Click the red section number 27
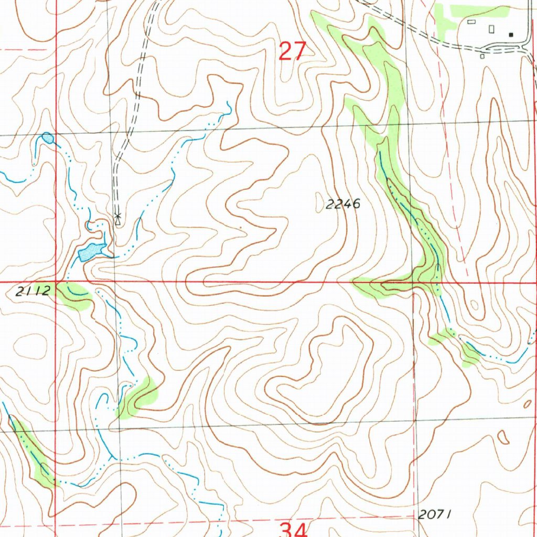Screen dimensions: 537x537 click(x=292, y=51)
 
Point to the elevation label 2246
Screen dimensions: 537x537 click(x=343, y=204)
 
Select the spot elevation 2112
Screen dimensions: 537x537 click(x=33, y=292)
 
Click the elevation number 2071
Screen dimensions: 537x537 click(x=435, y=514)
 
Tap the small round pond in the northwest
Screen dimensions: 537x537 click(x=48, y=138)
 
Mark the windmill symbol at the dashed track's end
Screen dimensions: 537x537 click(x=117, y=216)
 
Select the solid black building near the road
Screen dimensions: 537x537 click(x=511, y=35)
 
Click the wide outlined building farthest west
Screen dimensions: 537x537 click(x=471, y=22)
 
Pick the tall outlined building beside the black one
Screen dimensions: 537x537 click(x=492, y=29)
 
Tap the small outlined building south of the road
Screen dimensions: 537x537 click(x=482, y=56)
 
